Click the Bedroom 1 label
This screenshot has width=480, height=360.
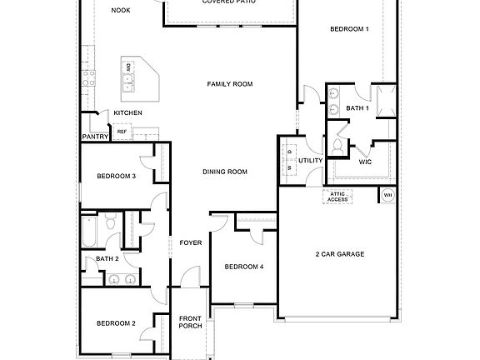(349, 29)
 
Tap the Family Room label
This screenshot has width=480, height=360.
(230, 84)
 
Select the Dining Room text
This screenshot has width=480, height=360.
(225, 172)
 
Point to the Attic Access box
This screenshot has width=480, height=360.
(337, 197)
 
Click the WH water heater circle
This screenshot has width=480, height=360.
(387, 197)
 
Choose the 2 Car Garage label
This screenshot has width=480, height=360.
(340, 253)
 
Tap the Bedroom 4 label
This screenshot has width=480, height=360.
(244, 267)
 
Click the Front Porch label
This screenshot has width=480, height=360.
(191, 322)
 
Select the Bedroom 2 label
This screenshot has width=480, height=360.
(116, 323)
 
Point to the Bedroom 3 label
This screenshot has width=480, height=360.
(116, 176)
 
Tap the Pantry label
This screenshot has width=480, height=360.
(95, 137)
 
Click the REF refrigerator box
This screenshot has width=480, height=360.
(122, 132)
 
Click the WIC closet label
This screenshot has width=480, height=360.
(365, 162)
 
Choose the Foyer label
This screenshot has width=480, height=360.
(191, 242)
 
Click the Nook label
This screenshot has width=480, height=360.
(122, 10)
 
